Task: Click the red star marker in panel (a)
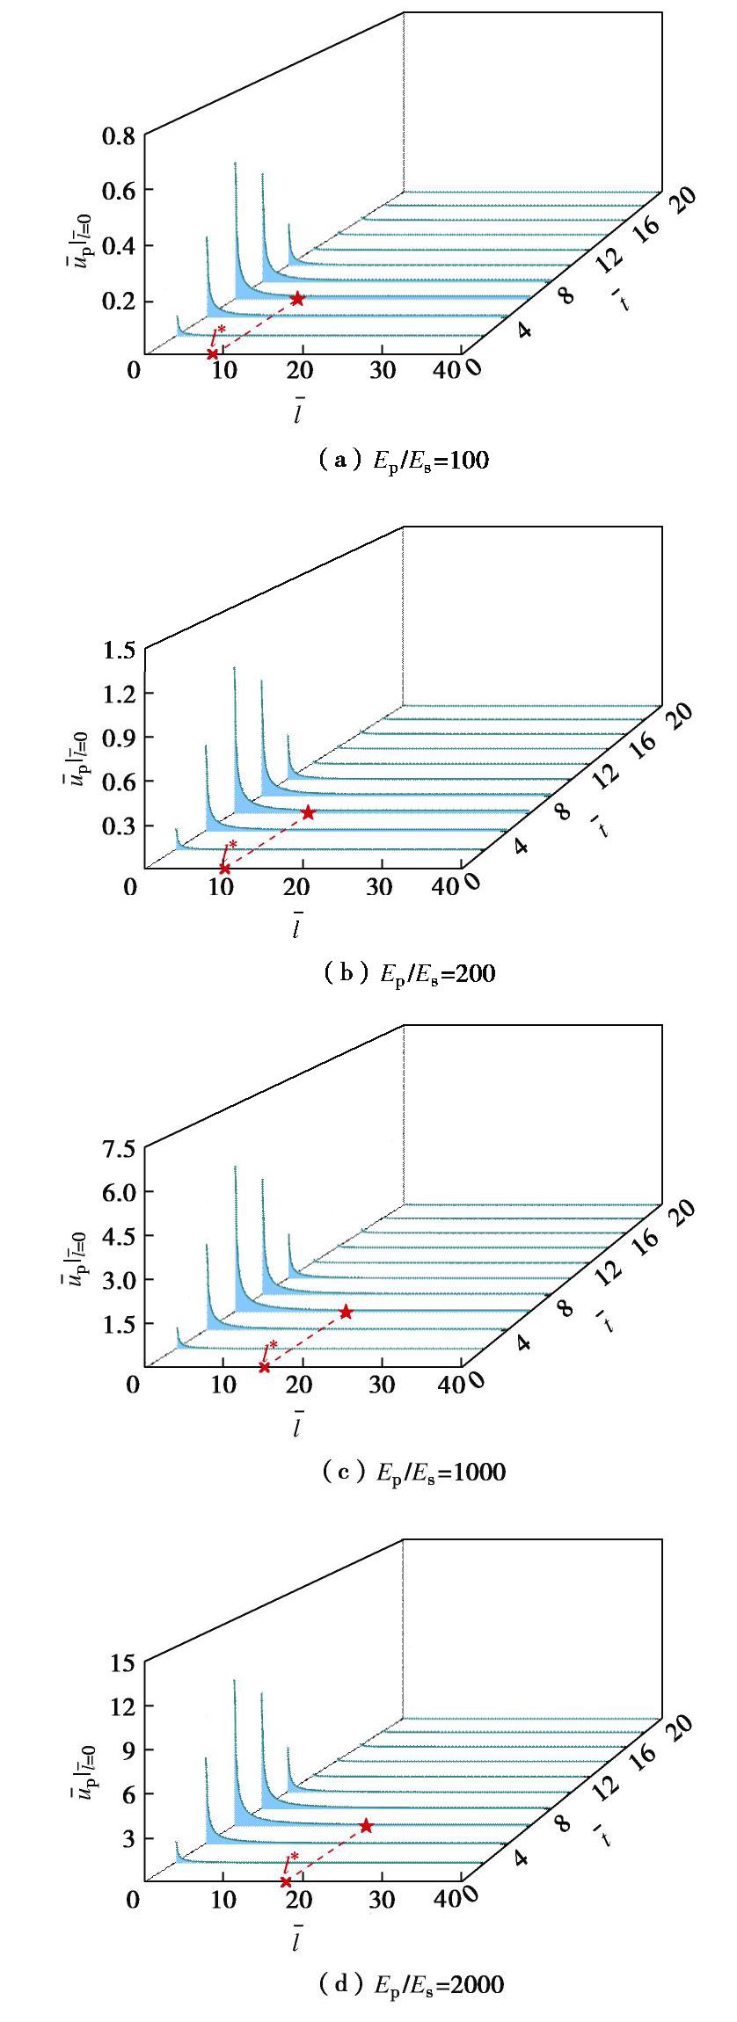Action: pyautogui.click(x=298, y=299)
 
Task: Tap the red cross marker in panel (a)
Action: pyautogui.click(x=212, y=354)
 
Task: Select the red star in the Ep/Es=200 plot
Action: pyautogui.click(x=308, y=813)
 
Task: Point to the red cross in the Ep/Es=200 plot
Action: pyautogui.click(x=224, y=869)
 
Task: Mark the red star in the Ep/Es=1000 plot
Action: pyautogui.click(x=346, y=1312)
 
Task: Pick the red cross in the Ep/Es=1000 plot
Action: pyautogui.click(x=264, y=1367)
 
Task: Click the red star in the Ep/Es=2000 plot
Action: pyautogui.click(x=366, y=1826)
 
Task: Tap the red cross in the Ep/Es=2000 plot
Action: pyautogui.click(x=285, y=1881)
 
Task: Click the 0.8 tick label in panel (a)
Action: pyautogui.click(x=118, y=135)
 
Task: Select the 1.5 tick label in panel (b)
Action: pyautogui.click(x=118, y=651)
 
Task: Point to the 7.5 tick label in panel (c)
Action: pyautogui.click(x=118, y=1148)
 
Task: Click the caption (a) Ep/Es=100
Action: pyautogui.click(x=403, y=460)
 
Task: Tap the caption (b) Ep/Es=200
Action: pyautogui.click(x=408, y=973)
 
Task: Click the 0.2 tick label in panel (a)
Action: pyautogui.click(x=118, y=302)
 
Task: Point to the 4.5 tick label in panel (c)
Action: pyautogui.click(x=118, y=1236)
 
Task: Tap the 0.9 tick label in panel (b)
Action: pyautogui.click(x=118, y=738)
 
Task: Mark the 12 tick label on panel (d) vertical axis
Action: pyautogui.click(x=122, y=1706)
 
